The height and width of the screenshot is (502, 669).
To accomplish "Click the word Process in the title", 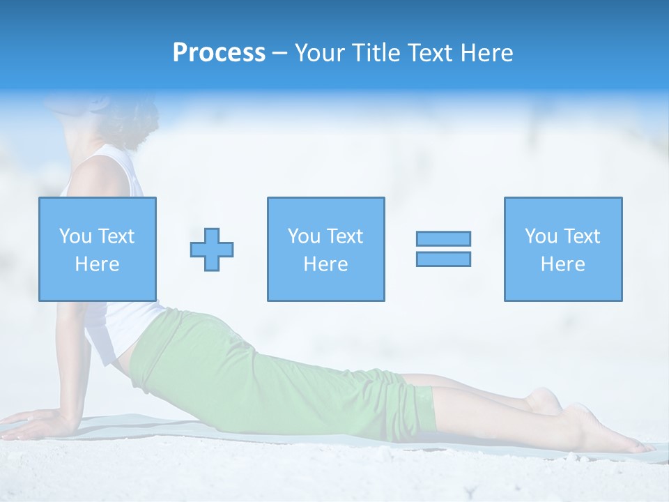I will (219, 52).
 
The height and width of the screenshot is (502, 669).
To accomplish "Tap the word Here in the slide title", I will (486, 52).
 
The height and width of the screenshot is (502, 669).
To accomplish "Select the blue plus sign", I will (212, 249).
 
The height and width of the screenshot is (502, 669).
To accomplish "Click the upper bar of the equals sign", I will (443, 238).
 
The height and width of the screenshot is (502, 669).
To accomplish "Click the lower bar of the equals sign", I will (443, 259).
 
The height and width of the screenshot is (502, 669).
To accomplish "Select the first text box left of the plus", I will (97, 249).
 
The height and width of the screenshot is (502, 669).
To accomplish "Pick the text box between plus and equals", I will (325, 249).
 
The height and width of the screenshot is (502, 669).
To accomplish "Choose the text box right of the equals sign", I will (562, 249).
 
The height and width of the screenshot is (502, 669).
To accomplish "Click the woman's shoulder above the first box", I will (98, 174).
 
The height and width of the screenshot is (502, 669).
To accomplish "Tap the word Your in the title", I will (320, 52).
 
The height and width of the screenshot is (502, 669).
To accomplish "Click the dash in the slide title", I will (280, 53).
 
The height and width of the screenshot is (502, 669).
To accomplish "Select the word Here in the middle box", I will (325, 264).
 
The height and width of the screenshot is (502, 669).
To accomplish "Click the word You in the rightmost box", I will (541, 236).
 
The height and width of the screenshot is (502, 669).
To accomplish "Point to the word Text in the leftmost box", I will (116, 236).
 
